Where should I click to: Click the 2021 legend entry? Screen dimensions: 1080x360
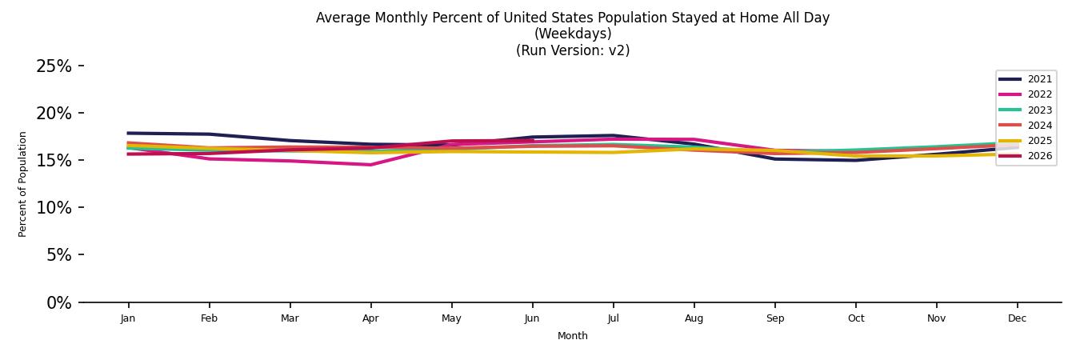1025,79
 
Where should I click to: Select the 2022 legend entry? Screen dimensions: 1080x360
1025,94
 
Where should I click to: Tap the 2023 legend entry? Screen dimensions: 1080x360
1025,110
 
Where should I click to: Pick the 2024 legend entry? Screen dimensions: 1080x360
1025,126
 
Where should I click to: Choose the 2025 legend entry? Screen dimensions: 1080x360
1025,141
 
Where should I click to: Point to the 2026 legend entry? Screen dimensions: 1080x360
1025,156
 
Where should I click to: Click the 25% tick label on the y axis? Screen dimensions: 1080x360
54,66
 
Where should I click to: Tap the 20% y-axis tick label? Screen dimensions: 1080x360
54,114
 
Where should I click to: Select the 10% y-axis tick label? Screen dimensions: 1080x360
54,208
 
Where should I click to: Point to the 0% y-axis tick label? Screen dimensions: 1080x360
59,303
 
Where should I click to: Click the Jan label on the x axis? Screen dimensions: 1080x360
128,318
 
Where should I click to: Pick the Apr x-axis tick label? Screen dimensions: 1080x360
370,318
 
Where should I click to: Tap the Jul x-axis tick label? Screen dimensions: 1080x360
614,318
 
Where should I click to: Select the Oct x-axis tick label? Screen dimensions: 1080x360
856,318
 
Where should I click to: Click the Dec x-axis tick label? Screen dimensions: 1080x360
1018,318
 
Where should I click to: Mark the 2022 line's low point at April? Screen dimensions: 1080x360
370,165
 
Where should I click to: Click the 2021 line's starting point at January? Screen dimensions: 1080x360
128,133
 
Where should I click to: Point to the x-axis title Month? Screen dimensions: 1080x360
573,336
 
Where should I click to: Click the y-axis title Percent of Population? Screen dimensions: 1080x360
22,185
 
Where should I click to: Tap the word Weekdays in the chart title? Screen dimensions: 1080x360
573,34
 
